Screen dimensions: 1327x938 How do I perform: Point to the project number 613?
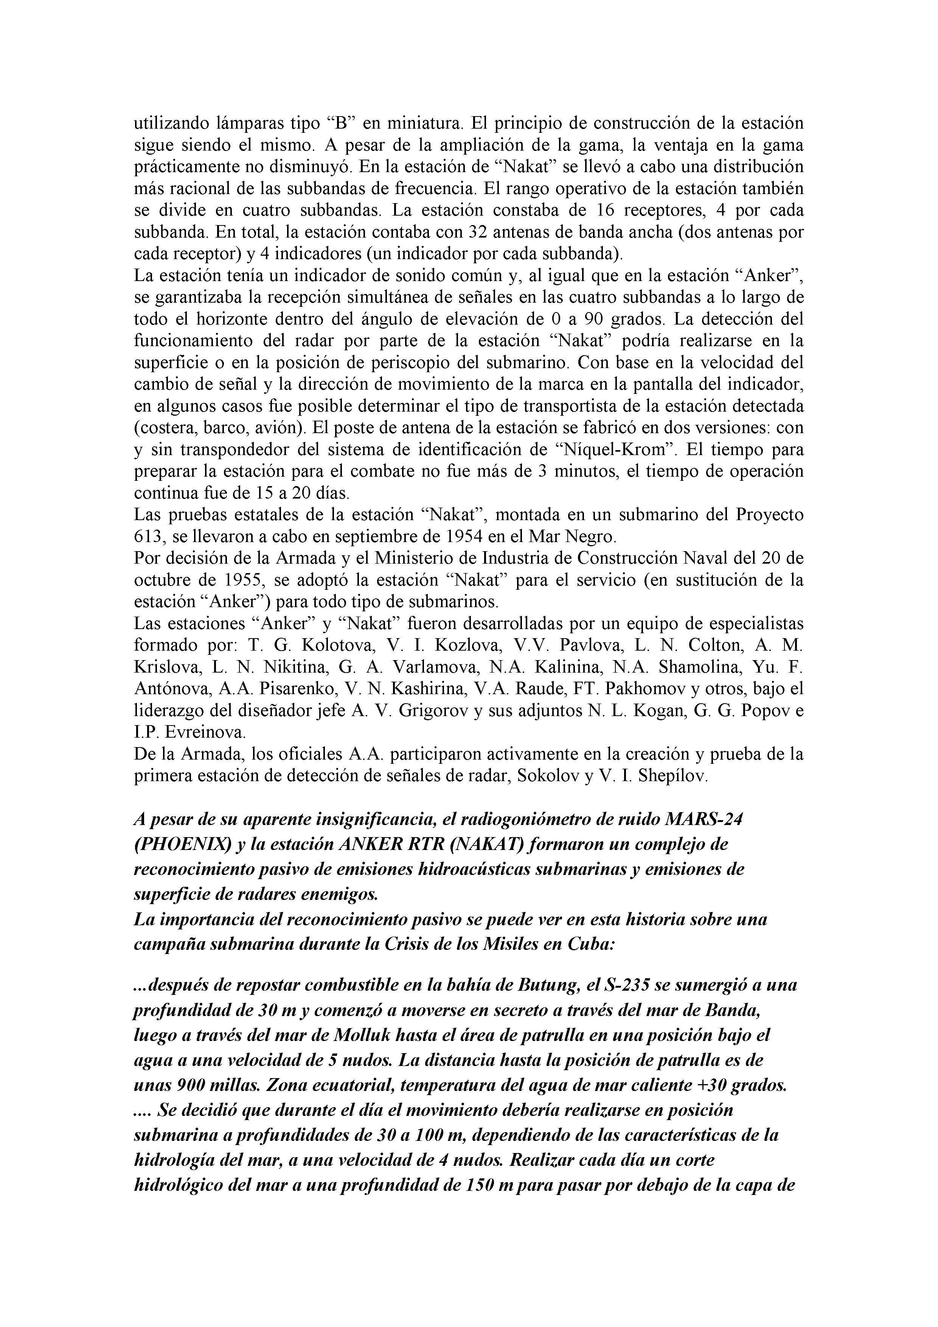pos(148,536)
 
